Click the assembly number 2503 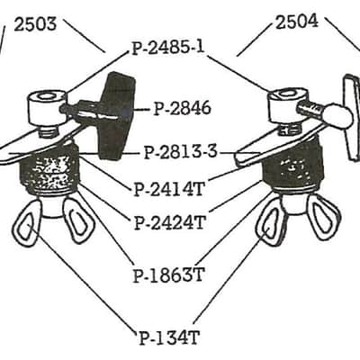coord(35,24)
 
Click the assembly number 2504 coord(297,22)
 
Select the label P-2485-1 coord(168,49)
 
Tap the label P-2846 coord(182,109)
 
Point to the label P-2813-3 coord(180,152)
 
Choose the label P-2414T coord(169,189)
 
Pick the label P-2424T coord(170,222)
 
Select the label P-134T coord(169,338)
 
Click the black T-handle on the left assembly coord(115,115)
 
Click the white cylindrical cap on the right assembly coord(287,105)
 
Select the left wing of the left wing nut coord(26,223)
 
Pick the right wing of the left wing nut coord(78,220)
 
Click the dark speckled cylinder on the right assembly coord(292,168)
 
